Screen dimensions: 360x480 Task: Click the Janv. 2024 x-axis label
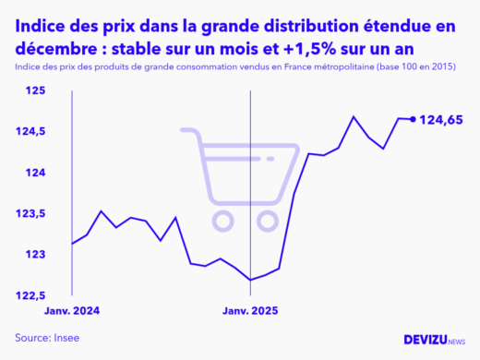[72, 311]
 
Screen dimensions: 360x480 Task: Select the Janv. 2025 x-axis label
[251, 311]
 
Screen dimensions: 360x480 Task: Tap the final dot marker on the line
[413, 119]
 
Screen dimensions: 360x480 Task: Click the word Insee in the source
[65, 338]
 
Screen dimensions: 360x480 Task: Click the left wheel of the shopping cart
[222, 220]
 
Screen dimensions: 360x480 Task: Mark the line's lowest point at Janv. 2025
[251, 280]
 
